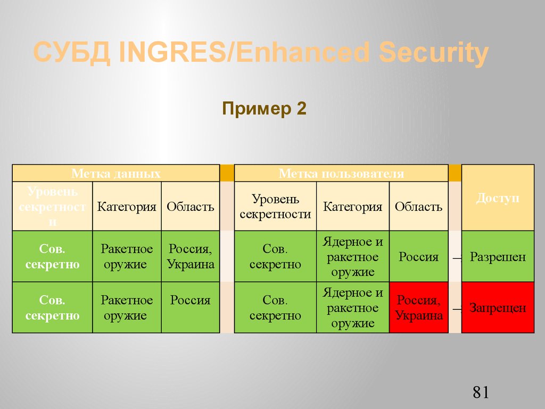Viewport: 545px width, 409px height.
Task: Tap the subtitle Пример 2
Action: (x=264, y=109)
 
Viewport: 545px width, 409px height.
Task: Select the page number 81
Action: (x=480, y=393)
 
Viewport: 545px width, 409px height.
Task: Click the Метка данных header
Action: (x=116, y=174)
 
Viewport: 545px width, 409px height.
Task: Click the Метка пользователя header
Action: (x=341, y=174)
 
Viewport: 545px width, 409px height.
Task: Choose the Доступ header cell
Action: (x=498, y=198)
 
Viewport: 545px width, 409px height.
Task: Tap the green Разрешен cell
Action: (x=498, y=257)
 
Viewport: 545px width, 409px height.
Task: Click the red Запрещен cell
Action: (x=498, y=308)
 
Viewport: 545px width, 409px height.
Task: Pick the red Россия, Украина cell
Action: (x=419, y=308)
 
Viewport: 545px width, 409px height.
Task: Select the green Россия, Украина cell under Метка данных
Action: (x=191, y=257)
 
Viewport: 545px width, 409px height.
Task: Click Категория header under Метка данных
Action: (x=127, y=207)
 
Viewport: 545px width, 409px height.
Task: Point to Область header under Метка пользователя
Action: (x=418, y=207)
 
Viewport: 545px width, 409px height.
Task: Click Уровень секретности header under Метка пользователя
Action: (x=275, y=207)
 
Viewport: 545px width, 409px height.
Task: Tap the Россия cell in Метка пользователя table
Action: (x=418, y=257)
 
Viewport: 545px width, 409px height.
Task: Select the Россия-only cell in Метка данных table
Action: (x=191, y=300)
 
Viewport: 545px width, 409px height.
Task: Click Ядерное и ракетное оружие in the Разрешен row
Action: (x=353, y=257)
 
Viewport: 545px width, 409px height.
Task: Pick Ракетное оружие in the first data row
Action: (x=127, y=257)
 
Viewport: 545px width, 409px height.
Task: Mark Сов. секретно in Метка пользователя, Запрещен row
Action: (x=275, y=308)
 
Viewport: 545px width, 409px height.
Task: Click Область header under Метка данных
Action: (x=191, y=207)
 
